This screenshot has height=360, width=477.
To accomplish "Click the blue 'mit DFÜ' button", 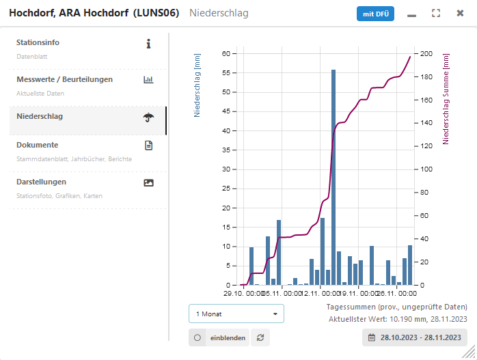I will pyautogui.click(x=375, y=14).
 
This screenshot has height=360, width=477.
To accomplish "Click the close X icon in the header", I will pyautogui.click(x=461, y=14).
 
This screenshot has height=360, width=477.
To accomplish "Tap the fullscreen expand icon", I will pyautogui.click(x=436, y=14).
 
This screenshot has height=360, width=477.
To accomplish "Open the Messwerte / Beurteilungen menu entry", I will pyautogui.click(x=65, y=79).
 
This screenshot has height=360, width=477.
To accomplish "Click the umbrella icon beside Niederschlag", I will pyautogui.click(x=148, y=117).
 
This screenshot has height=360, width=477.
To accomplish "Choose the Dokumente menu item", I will pyautogui.click(x=38, y=145).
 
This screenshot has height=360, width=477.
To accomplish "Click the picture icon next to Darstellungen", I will pyautogui.click(x=148, y=182).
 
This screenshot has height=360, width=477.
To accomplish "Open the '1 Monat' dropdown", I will pyautogui.click(x=236, y=314).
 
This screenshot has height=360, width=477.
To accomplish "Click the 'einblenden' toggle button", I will pyautogui.click(x=219, y=337).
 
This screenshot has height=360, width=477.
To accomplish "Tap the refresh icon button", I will pyautogui.click(x=260, y=337).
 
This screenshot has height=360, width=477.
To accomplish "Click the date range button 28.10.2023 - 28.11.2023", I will pyautogui.click(x=415, y=337).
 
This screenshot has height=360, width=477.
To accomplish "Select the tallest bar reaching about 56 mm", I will pyautogui.click(x=333, y=177).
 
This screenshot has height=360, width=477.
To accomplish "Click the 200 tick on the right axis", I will pyautogui.click(x=427, y=53).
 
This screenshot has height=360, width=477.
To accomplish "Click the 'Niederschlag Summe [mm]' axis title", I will pyautogui.click(x=446, y=99).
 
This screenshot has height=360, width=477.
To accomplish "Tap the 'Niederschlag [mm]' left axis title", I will pyautogui.click(x=197, y=85).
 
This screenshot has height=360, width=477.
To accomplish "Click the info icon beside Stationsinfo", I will pyautogui.click(x=148, y=44).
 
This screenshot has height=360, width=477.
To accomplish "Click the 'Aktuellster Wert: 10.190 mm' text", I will pyautogui.click(x=398, y=319).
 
